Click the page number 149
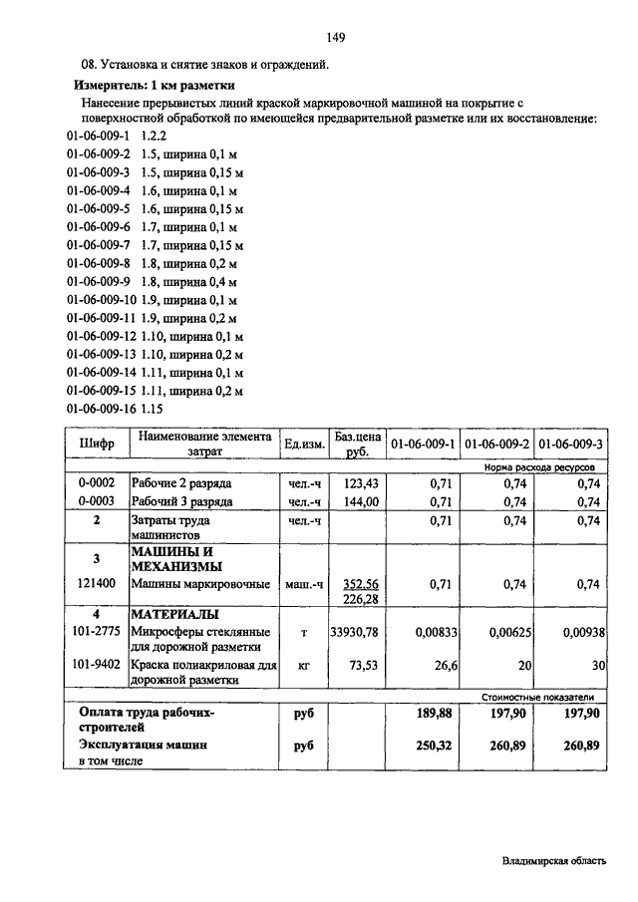click(x=335, y=38)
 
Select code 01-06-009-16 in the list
click(x=100, y=409)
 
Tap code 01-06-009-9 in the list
click(x=98, y=281)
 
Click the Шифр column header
click(x=97, y=443)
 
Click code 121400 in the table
click(x=97, y=585)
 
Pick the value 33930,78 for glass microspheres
click(x=356, y=631)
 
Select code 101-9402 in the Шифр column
click(x=97, y=663)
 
